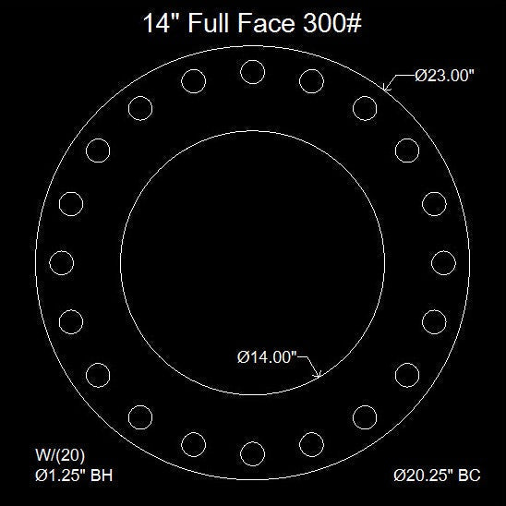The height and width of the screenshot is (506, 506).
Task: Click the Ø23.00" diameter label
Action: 444,78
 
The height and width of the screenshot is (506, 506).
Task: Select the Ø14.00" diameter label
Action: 266,357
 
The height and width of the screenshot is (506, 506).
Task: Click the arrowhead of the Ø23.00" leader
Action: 385,88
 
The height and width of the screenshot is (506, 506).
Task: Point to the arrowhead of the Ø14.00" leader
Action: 319,375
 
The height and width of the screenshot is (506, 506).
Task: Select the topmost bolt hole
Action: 251,70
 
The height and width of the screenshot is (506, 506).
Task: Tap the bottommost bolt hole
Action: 251,452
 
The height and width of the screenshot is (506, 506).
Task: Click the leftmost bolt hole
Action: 60,261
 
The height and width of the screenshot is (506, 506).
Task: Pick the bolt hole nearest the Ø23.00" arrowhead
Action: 364,107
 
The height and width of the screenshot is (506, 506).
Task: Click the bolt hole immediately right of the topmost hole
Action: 310,80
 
